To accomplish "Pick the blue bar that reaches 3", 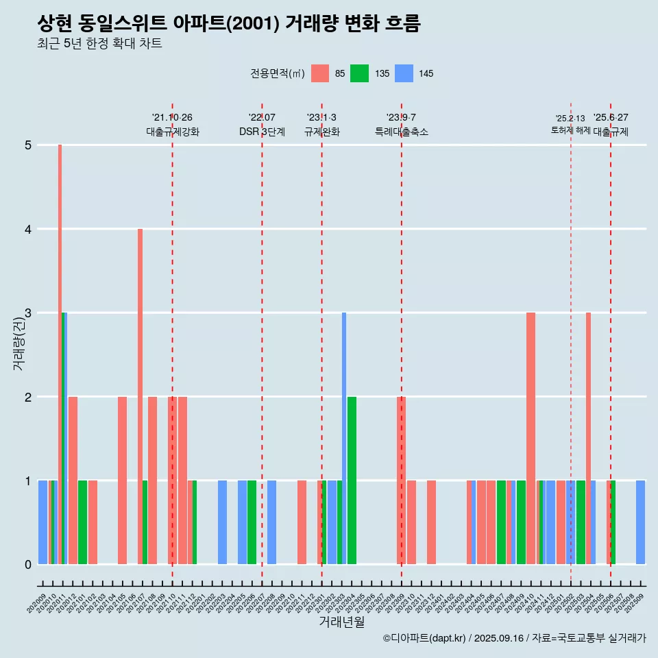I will pyautogui.click(x=344, y=438).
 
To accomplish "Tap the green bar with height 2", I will pyautogui.click(x=352, y=480).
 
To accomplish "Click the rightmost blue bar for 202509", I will pyautogui.click(x=640, y=522).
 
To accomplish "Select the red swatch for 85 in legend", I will pyautogui.click(x=320, y=73).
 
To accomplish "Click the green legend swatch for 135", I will pyautogui.click(x=359, y=73).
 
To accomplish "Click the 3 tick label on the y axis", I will pyautogui.click(x=29, y=313).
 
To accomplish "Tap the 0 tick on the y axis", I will pyautogui.click(x=29, y=565).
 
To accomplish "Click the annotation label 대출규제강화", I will pyautogui.click(x=173, y=132).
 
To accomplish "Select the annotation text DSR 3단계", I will pyautogui.click(x=262, y=132).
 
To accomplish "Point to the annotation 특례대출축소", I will pyautogui.click(x=402, y=132).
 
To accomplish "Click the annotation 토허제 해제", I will pyautogui.click(x=570, y=130).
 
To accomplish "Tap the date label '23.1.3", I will pyautogui.click(x=321, y=118).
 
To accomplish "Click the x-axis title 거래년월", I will pyautogui.click(x=341, y=622).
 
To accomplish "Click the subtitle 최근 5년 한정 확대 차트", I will pyautogui.click(x=99, y=44).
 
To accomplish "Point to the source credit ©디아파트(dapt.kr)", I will pyautogui.click(x=425, y=638).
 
